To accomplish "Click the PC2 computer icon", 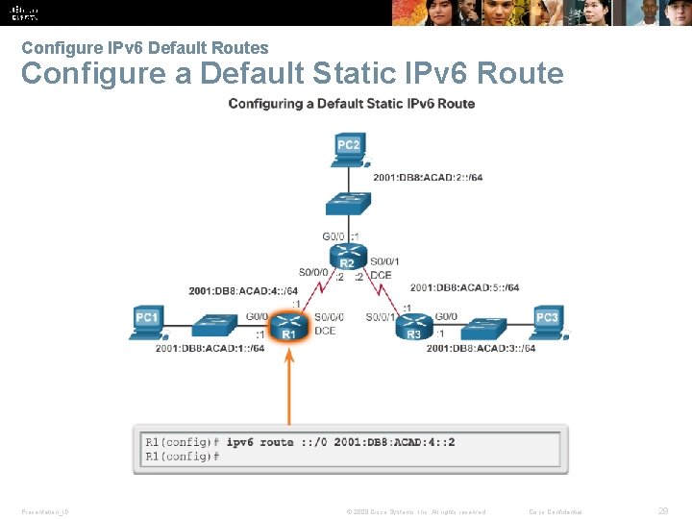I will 349,149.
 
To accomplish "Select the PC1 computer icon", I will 146,321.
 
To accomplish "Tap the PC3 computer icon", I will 547,321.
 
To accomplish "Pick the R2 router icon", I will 348,257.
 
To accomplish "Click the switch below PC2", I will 348,204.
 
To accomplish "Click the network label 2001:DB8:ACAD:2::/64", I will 429,177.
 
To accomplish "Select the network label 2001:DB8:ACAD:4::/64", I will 243,291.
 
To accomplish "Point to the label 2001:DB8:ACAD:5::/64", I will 464,287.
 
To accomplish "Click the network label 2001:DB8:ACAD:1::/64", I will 210,348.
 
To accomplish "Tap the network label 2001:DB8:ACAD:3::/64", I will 482,348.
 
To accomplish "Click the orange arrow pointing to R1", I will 288,384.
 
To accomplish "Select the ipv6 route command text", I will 340,443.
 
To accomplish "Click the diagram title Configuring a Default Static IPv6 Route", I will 351,104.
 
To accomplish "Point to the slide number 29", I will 663,511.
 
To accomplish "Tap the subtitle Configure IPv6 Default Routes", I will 145,47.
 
